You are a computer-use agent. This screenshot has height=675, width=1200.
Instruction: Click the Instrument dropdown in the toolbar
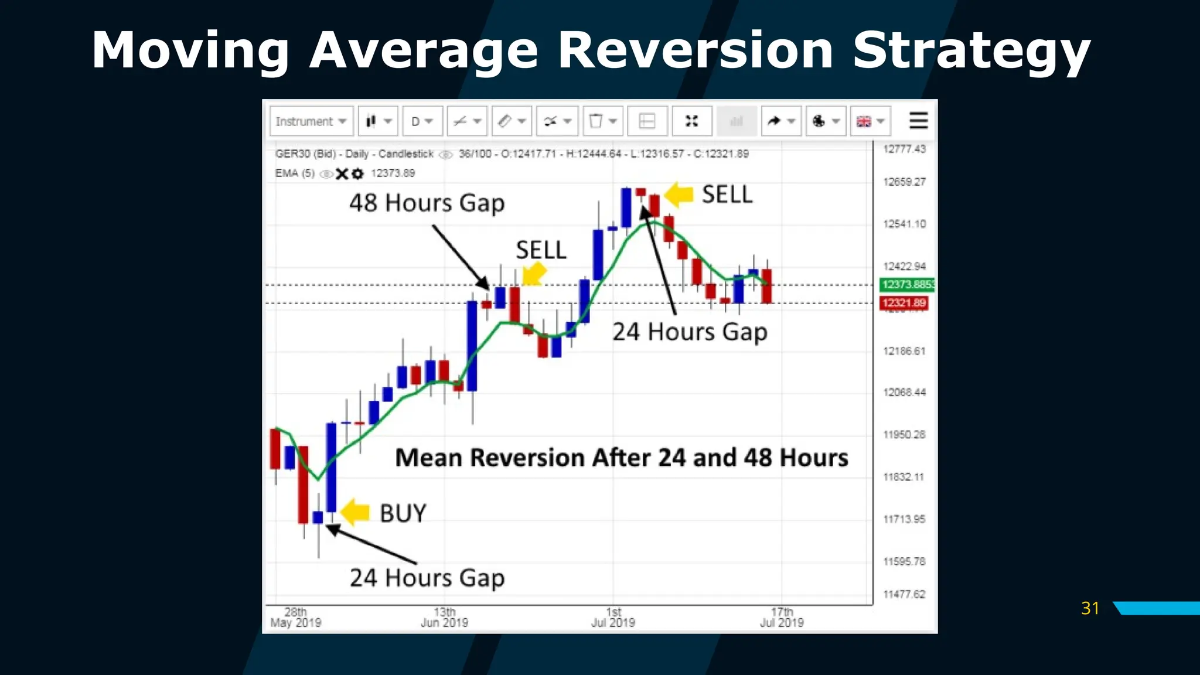coord(311,121)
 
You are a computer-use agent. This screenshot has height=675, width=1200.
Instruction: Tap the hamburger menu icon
coord(918,121)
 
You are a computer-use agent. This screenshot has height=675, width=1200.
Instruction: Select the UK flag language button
coord(870,121)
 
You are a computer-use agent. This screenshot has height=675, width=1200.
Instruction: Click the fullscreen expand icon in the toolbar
coord(692,121)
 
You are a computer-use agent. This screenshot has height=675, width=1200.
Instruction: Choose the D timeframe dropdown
coord(422,121)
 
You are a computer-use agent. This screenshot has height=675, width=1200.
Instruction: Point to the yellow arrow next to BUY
coord(355,512)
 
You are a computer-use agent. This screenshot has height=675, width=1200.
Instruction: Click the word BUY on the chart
coord(403,513)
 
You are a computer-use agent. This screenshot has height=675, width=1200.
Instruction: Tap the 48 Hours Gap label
coord(427,203)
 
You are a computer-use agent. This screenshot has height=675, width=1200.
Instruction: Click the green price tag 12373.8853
coord(907,284)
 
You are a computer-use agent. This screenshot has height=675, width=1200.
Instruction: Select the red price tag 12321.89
coord(904,303)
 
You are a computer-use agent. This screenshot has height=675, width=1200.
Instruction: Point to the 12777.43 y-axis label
coord(904,149)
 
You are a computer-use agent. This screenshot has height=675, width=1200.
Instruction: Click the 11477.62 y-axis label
coord(904,594)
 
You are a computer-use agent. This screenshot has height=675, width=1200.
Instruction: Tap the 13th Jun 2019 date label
coord(444,618)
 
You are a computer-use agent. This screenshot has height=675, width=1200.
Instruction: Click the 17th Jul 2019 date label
coord(782,618)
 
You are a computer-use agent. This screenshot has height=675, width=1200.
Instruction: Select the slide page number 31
coord(1090,608)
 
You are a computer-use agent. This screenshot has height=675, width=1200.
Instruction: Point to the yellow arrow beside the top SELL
coord(680,194)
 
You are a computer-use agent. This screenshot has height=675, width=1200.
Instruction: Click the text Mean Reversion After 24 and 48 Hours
coord(621,458)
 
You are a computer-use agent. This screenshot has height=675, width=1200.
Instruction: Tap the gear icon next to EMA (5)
coord(357,173)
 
